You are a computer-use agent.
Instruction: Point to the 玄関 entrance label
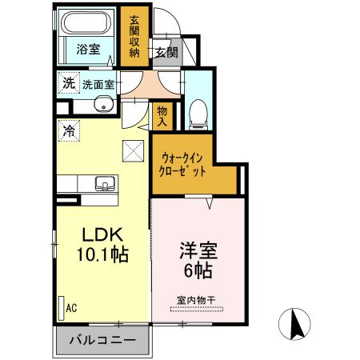click(166, 54)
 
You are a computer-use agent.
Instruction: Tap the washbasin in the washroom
click(101, 104)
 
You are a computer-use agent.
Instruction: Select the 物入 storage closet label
click(162, 116)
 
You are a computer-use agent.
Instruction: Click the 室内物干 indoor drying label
click(196, 302)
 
